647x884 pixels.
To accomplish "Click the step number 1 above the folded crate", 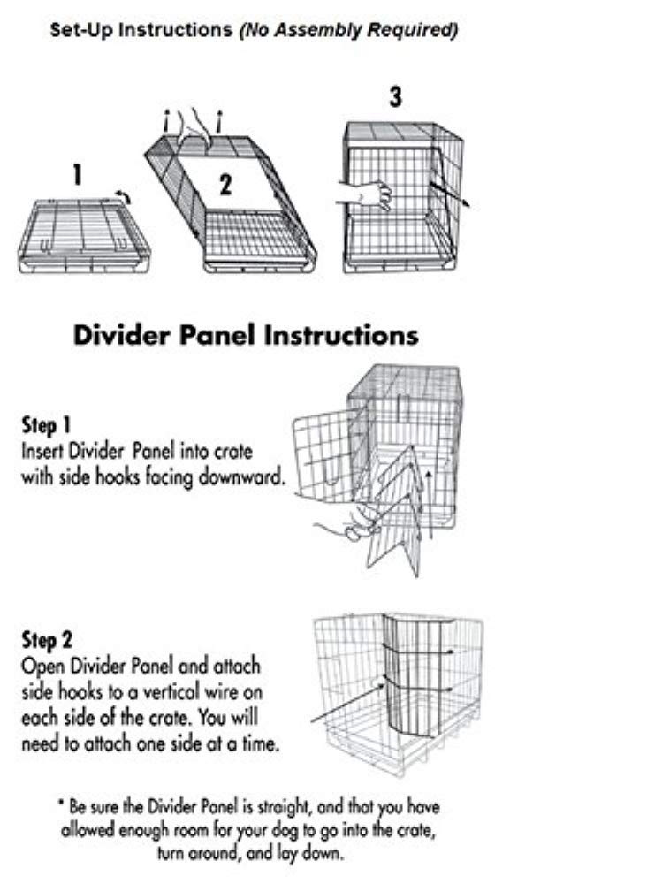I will pos(78,175).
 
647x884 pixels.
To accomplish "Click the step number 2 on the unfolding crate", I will pos(225,185).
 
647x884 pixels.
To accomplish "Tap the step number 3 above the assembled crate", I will pos(395,97).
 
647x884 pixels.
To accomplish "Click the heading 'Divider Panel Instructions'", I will pos(245,336).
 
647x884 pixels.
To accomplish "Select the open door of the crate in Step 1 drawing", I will pos(330,455).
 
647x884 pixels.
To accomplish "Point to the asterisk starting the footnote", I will pos(62,804).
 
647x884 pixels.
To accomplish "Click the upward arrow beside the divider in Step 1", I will pos(430,504).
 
